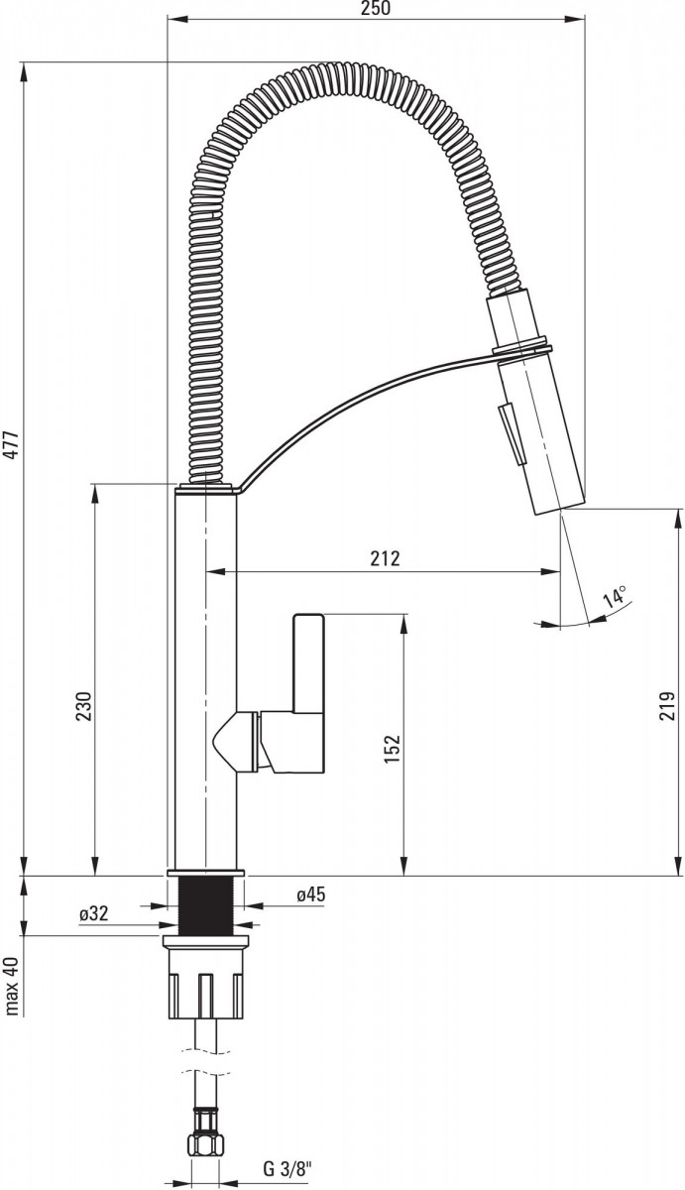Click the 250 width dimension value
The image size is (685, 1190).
point(377,9)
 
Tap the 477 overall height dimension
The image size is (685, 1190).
point(12,445)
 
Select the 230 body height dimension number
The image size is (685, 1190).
point(84,706)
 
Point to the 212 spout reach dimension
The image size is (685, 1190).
point(385,558)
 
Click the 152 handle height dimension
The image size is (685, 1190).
point(392,749)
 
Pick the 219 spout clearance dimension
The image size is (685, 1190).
point(667,705)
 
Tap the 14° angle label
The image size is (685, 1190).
point(616,597)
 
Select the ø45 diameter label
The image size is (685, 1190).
point(310,895)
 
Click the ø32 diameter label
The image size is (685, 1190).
point(93,913)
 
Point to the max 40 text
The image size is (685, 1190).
point(12,987)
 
